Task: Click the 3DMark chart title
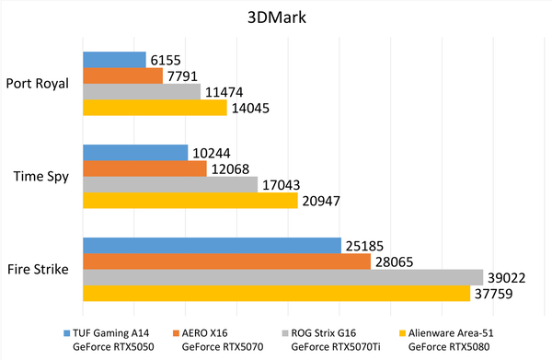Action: point(275,18)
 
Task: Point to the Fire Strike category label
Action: point(42,270)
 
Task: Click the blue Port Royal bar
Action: point(114,60)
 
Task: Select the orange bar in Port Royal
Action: point(122,75)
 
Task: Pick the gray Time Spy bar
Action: point(170,184)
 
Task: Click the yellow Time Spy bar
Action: point(190,200)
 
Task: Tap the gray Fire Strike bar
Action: point(282,277)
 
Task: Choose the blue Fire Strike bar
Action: point(212,245)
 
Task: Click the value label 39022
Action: point(508,277)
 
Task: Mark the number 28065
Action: point(395,261)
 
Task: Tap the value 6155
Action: point(167,60)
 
